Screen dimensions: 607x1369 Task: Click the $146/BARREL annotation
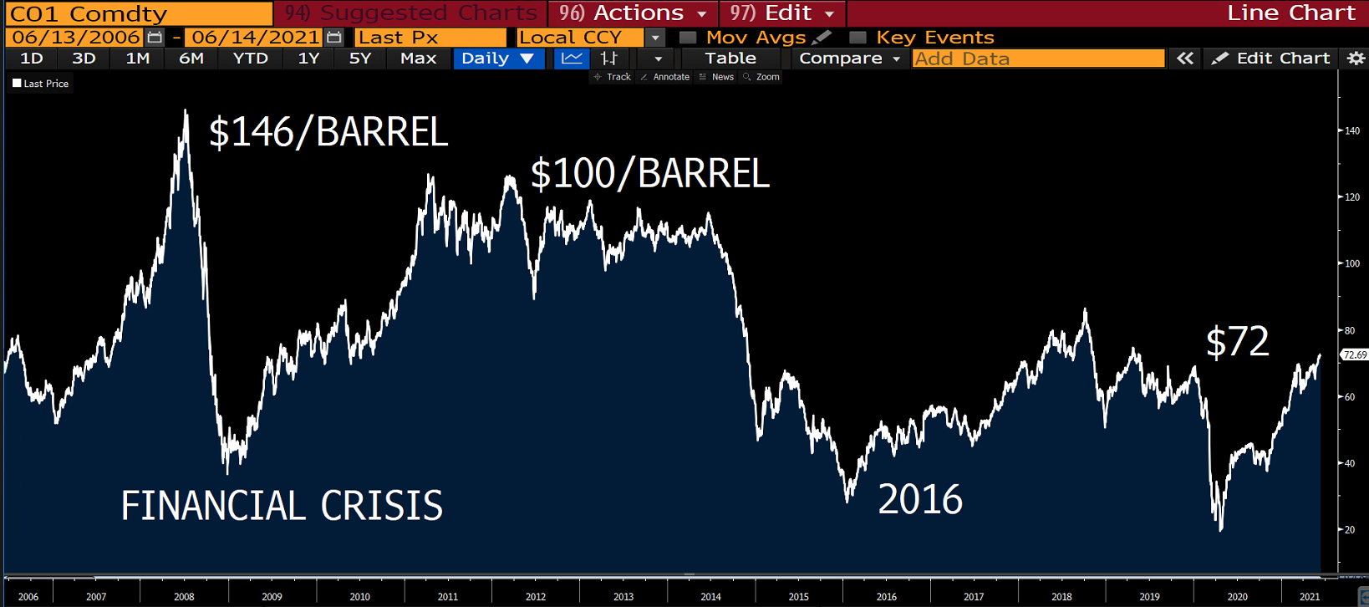(328, 133)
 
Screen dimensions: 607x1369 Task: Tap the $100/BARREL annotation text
(649, 174)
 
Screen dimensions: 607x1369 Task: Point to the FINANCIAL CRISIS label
(282, 506)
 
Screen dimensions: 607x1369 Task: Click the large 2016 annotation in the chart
(920, 500)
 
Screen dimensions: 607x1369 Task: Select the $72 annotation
(1237, 342)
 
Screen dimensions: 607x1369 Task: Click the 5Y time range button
(359, 59)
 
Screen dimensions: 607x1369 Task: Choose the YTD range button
(251, 59)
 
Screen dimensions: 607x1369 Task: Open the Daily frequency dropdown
(498, 59)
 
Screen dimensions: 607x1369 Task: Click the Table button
(730, 59)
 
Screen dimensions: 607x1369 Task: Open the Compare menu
(848, 59)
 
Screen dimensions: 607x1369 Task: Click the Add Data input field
(1038, 59)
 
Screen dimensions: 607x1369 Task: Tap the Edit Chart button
(1271, 59)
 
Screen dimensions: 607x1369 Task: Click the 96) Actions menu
(632, 13)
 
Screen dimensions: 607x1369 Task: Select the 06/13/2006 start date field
(76, 38)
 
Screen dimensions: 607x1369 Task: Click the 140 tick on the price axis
(1351, 130)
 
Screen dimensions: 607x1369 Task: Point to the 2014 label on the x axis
(710, 597)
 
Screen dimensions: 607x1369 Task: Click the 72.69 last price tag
(1354, 355)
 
